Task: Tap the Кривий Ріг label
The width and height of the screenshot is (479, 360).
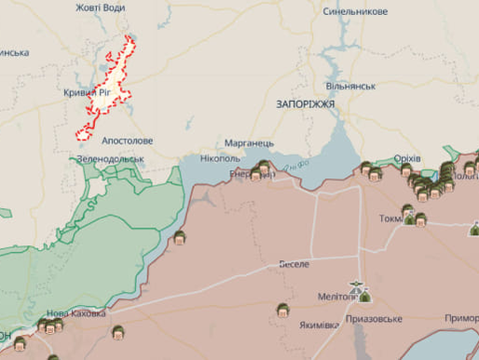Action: [x=95, y=94]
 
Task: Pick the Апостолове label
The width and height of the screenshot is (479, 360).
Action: [x=128, y=141]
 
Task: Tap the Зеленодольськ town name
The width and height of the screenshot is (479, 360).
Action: [x=111, y=159]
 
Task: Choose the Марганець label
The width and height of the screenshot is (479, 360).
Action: [x=249, y=144]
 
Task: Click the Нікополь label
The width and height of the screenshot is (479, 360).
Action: [x=220, y=159]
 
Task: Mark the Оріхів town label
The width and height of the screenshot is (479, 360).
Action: [x=407, y=159]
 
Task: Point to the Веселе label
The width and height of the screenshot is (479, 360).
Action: [x=294, y=264]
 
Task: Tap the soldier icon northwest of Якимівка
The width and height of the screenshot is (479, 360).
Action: [x=281, y=310]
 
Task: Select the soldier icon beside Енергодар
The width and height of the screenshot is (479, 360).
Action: [x=263, y=170]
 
